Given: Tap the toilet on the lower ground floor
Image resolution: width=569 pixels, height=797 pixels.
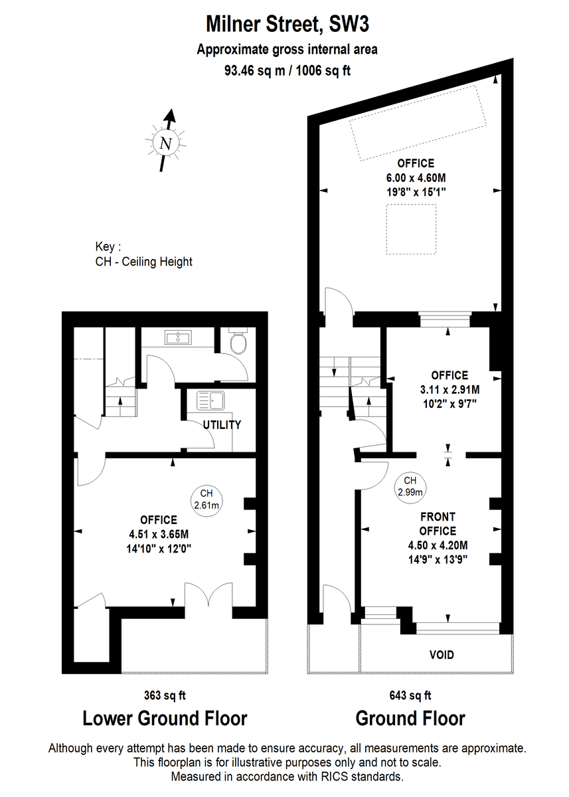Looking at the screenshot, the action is pyautogui.click(x=238, y=341).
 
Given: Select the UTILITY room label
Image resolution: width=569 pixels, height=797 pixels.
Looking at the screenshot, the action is pyautogui.click(x=222, y=424).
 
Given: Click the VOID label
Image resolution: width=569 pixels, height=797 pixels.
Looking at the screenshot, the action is pyautogui.click(x=442, y=664).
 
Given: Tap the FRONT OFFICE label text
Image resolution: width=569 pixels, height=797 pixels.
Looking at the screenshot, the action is pyautogui.click(x=438, y=523).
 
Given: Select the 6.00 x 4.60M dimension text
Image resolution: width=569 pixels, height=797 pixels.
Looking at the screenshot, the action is pyautogui.click(x=416, y=177).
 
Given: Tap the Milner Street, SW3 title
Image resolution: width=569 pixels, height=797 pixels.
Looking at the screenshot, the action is pyautogui.click(x=287, y=24).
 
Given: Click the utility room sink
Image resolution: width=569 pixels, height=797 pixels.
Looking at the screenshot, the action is pyautogui.click(x=210, y=400).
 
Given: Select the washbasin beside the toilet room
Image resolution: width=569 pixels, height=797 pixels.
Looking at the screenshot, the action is pyautogui.click(x=178, y=337).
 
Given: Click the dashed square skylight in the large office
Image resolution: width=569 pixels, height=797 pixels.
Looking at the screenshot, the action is pyautogui.click(x=411, y=229).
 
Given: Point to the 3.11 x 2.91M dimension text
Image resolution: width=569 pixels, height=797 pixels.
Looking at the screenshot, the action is pyautogui.click(x=450, y=390).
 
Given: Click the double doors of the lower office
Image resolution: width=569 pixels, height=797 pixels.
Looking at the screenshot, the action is pyautogui.click(x=208, y=595).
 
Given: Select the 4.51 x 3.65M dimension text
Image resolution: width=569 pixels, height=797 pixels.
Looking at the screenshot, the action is pyautogui.click(x=159, y=534).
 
